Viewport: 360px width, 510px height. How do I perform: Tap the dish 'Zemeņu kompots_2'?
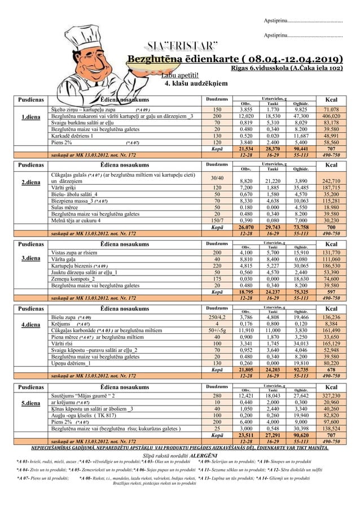click(x=73, y=278)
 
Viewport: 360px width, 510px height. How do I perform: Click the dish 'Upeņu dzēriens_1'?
click(x=73, y=363)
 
